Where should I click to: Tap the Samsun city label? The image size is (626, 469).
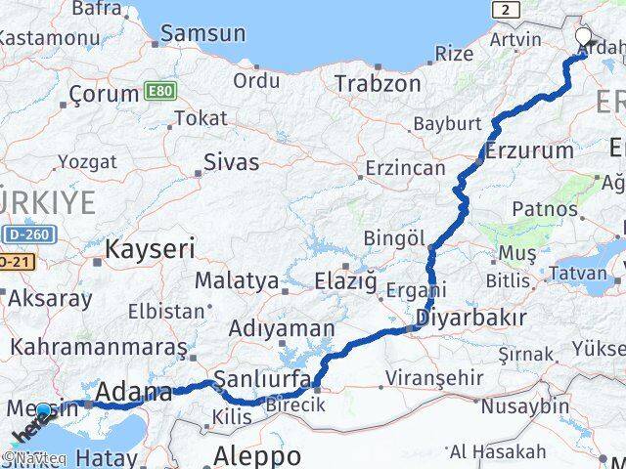point(202,33)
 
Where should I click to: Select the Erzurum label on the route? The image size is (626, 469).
point(529,150)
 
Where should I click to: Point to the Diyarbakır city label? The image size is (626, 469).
point(471,318)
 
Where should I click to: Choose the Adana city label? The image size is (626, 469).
point(135,394)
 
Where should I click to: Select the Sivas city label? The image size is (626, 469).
point(232,161)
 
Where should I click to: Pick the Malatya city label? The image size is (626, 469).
point(236,281)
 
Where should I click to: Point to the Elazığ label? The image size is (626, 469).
point(345,281)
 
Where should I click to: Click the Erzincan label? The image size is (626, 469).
point(405,168)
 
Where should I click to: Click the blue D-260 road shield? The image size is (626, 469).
point(29,234)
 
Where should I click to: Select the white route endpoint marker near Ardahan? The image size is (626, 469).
point(584,38)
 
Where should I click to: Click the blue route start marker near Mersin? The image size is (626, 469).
point(43,411)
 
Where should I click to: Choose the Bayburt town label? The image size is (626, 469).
point(447,124)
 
